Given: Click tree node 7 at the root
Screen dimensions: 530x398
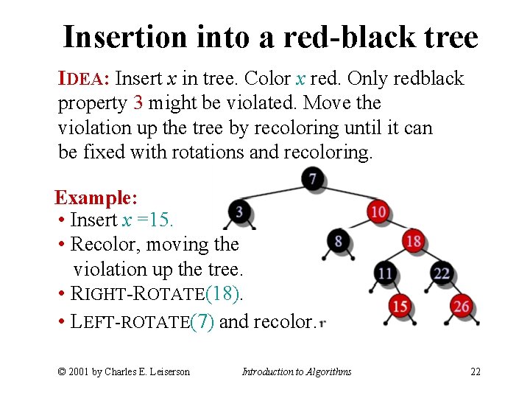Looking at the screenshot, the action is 314,178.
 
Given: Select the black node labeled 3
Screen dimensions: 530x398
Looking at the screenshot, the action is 239,212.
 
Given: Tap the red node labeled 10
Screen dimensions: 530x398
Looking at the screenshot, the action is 378,211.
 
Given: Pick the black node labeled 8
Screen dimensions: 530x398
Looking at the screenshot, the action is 338,241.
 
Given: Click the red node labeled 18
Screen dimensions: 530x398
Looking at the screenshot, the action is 414,241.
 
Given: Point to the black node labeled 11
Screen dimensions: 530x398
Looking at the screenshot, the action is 385,273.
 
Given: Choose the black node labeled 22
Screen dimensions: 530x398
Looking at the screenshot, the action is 442,273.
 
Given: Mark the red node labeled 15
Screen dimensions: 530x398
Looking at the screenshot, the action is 400,305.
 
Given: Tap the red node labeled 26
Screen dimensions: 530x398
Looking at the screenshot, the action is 462,305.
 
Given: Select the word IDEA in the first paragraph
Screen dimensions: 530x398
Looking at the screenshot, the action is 84,78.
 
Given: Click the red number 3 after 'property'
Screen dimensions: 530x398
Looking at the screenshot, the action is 138,102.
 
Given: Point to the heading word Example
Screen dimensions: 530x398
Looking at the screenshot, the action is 96,198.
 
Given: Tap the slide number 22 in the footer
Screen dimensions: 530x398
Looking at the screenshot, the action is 476,371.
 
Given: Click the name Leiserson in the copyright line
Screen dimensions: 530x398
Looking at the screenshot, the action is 167,371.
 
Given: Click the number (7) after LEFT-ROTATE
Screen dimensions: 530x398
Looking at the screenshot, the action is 202,321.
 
